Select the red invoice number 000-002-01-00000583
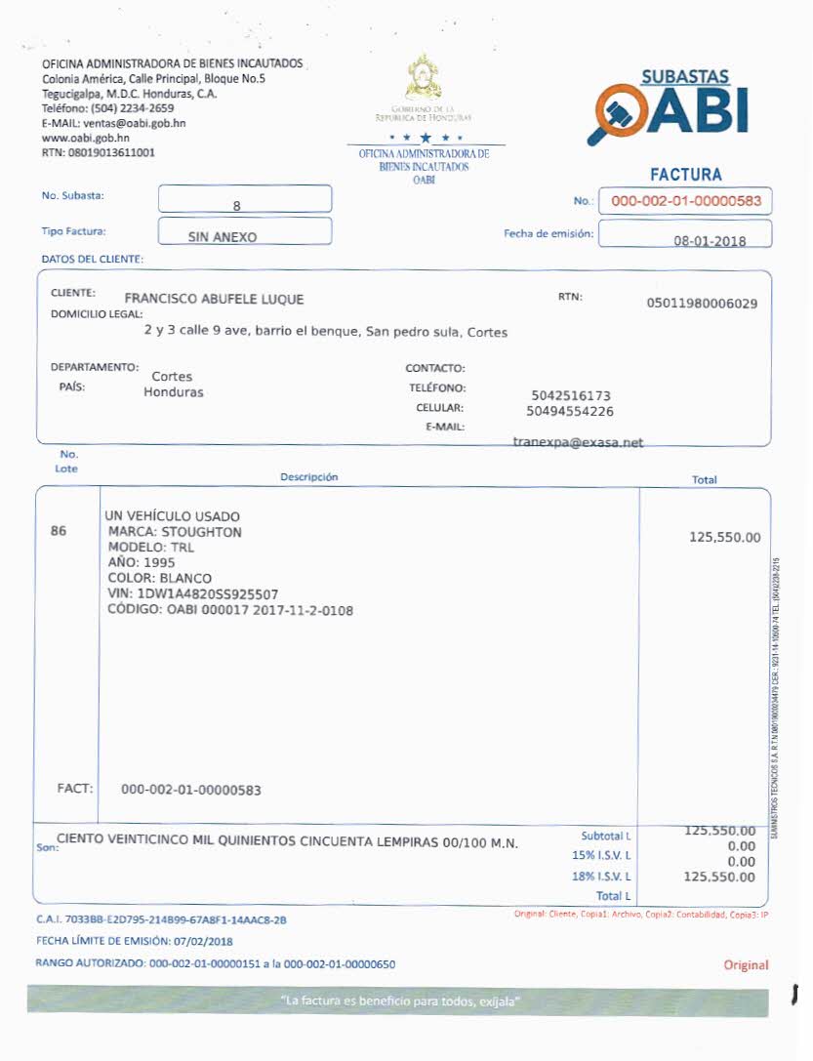click(685, 201)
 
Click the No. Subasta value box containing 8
click(244, 200)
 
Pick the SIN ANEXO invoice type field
click(244, 232)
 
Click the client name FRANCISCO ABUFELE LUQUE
click(214, 300)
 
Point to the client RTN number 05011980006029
click(702, 304)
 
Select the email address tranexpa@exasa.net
click(578, 442)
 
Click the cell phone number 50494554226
click(570, 411)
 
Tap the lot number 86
click(59, 532)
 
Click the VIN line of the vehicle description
click(193, 593)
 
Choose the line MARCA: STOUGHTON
click(175, 532)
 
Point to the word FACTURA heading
click(685, 175)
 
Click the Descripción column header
click(308, 477)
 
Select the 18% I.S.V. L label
click(601, 877)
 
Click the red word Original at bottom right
click(746, 965)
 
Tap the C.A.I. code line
click(161, 919)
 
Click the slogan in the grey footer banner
click(400, 1000)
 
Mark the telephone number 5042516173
click(571, 395)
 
